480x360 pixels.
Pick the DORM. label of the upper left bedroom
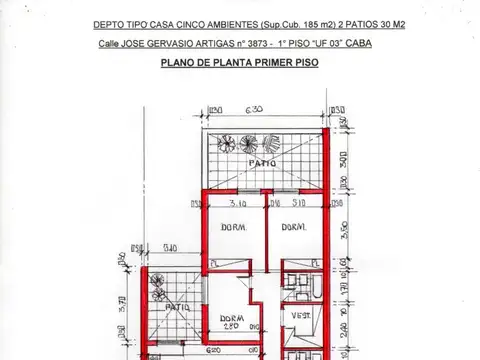233,228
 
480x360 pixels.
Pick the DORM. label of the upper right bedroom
292,228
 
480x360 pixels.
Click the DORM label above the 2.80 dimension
231,319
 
